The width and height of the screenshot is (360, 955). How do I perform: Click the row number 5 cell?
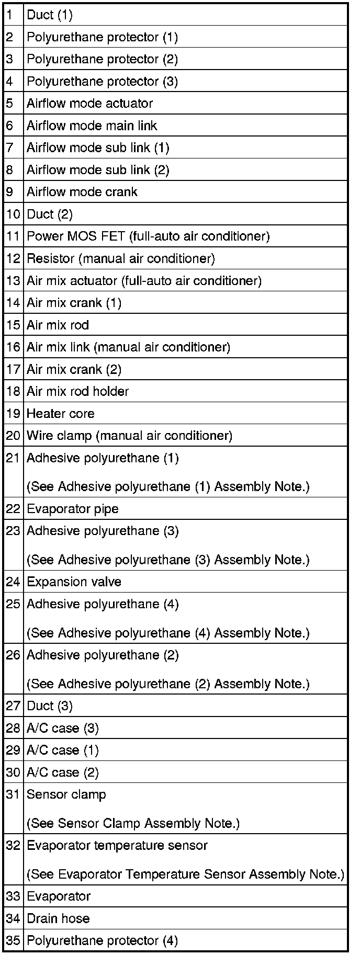click(x=9, y=103)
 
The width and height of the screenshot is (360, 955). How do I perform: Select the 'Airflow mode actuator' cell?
click(x=89, y=103)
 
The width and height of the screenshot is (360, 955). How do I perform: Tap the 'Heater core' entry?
click(x=61, y=413)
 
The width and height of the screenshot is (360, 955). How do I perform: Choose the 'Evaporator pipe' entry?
click(x=72, y=508)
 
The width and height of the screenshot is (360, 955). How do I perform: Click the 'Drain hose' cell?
click(x=58, y=918)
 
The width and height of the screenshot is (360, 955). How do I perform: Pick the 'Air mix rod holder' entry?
click(x=77, y=391)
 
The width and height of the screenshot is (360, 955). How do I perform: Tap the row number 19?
click(x=13, y=413)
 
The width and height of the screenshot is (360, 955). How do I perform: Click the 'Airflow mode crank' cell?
click(x=82, y=191)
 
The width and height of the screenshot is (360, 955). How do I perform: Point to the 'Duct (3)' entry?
click(x=50, y=706)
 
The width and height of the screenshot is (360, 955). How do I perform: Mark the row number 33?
click(x=13, y=896)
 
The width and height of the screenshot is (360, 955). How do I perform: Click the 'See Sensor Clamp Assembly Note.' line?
click(x=133, y=823)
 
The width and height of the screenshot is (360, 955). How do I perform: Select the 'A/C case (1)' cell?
click(x=62, y=750)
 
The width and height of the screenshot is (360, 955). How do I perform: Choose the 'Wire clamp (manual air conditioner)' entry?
click(x=129, y=435)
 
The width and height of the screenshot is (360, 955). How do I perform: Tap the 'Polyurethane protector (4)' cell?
click(x=102, y=940)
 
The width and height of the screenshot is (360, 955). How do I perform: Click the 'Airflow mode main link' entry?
click(x=92, y=126)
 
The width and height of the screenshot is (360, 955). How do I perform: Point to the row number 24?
click(x=13, y=582)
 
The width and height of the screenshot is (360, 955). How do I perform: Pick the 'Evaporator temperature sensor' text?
click(x=117, y=845)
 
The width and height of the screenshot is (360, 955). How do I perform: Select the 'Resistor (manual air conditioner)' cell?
click(x=120, y=258)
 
